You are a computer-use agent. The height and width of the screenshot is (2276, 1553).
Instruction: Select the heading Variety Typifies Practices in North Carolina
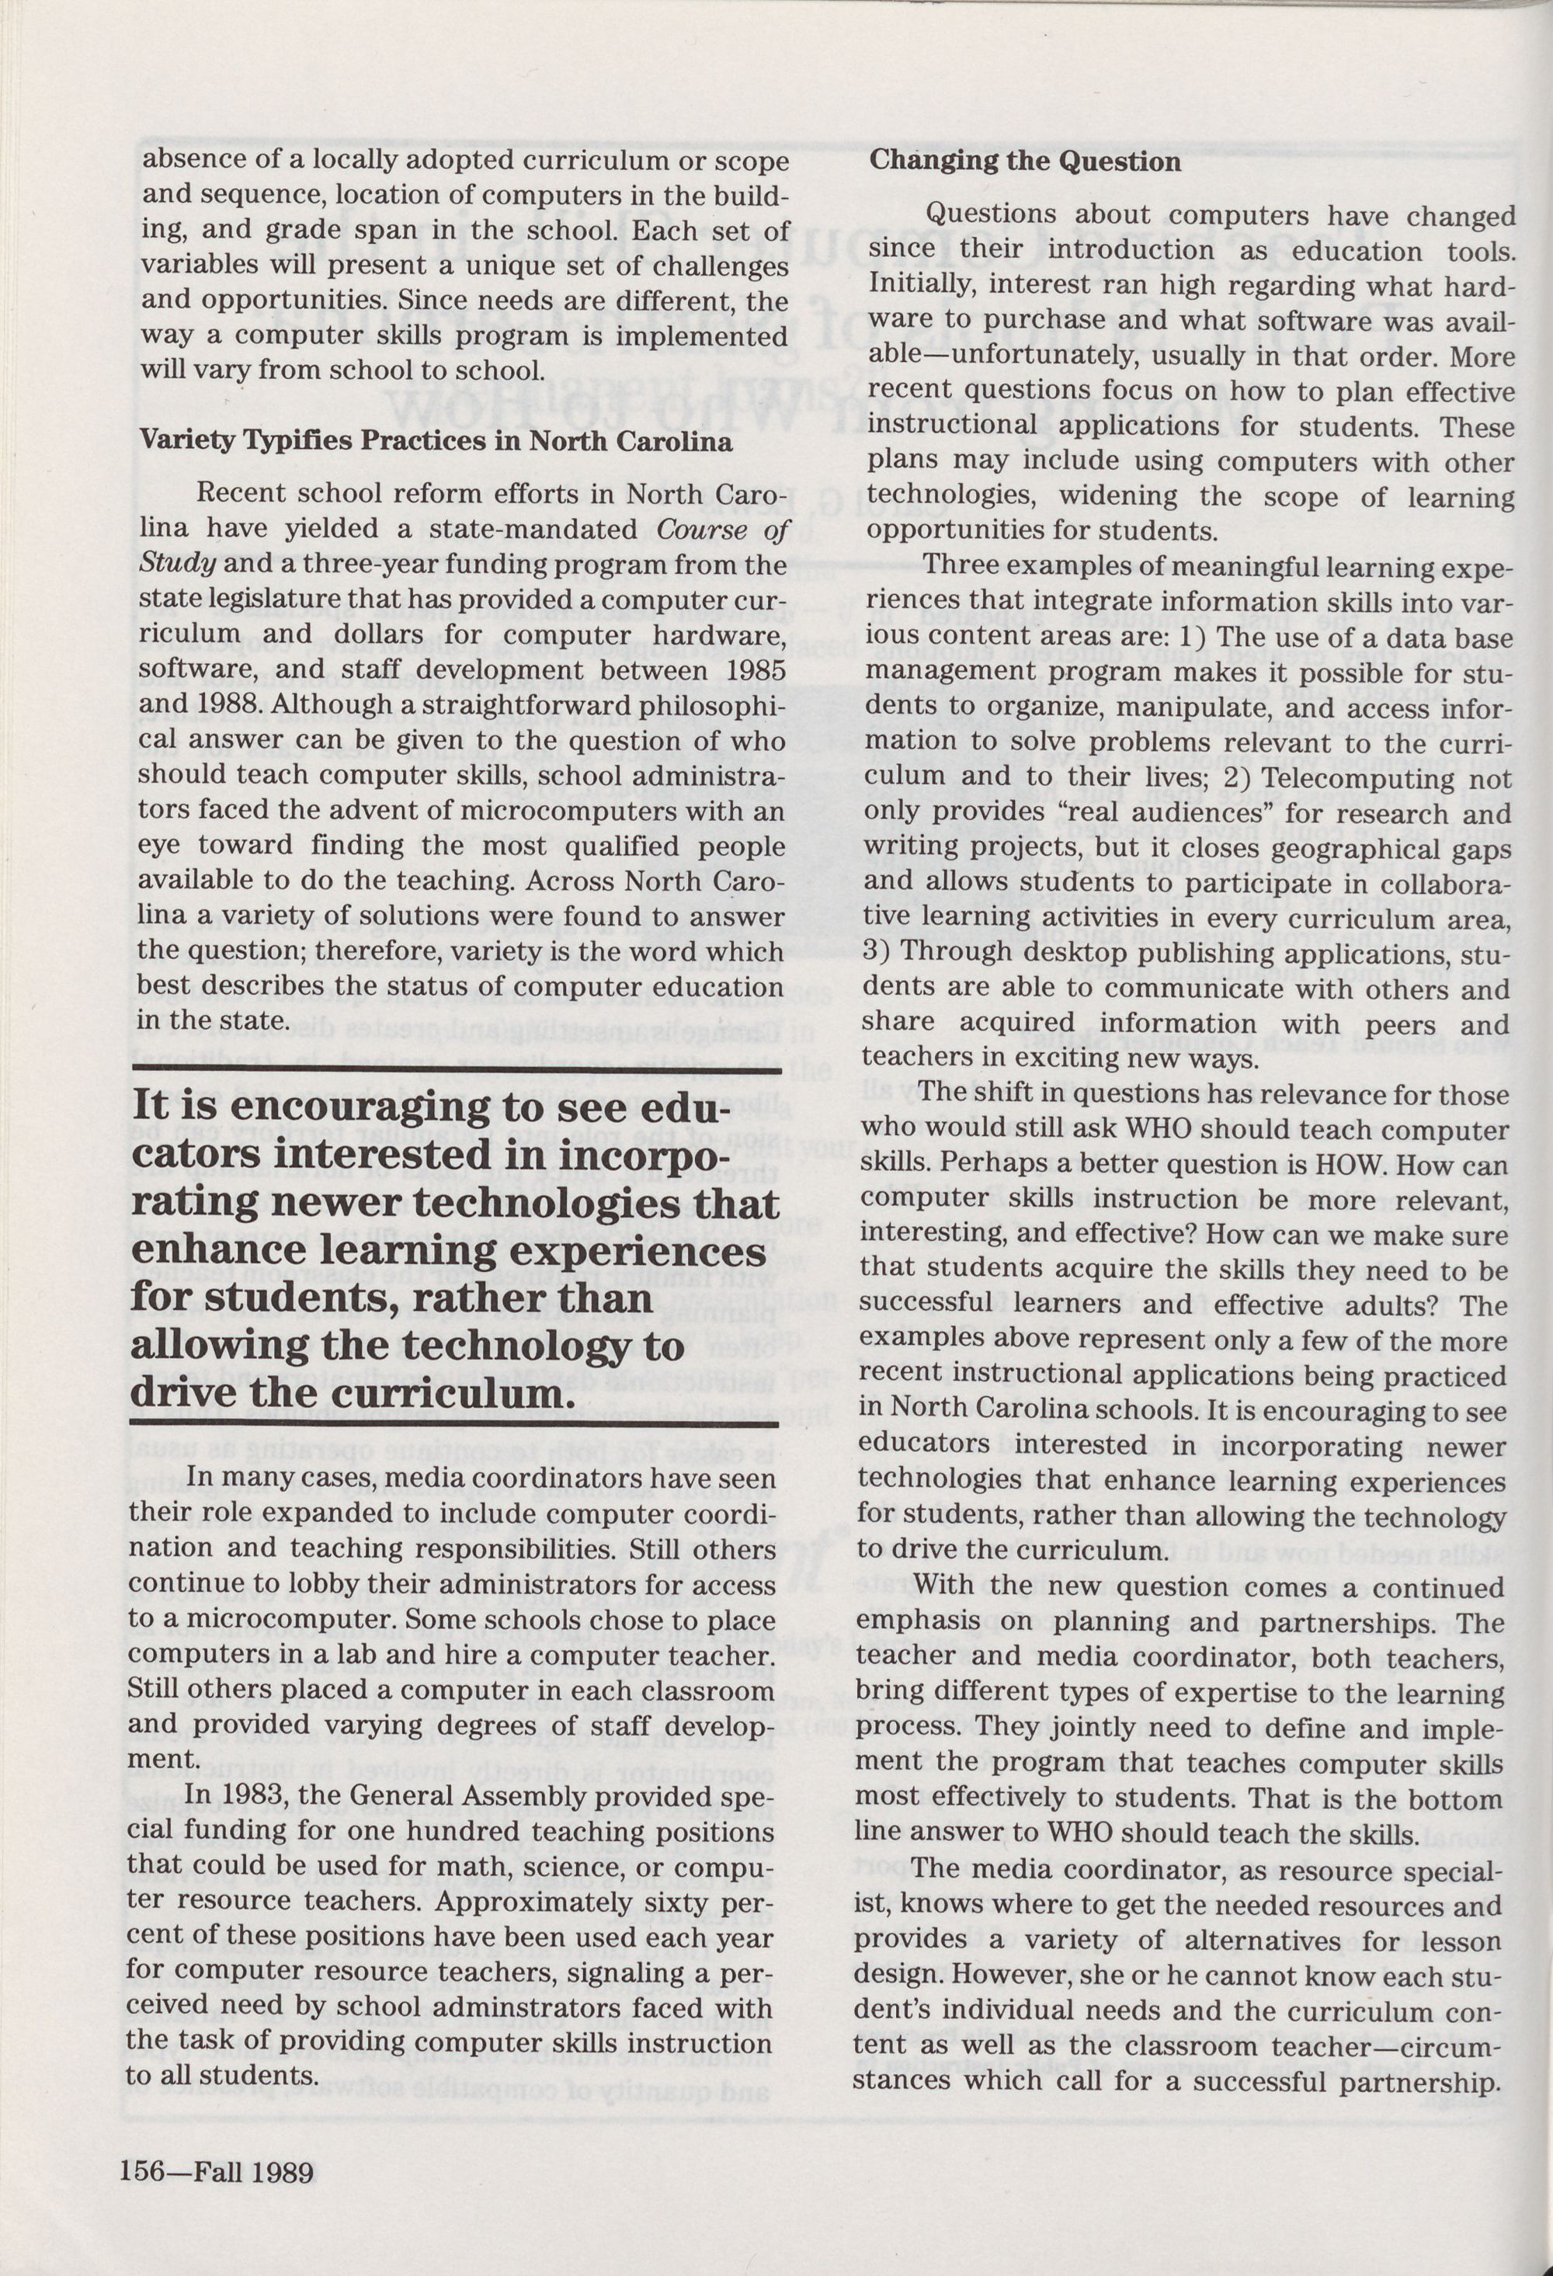[435, 441]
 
